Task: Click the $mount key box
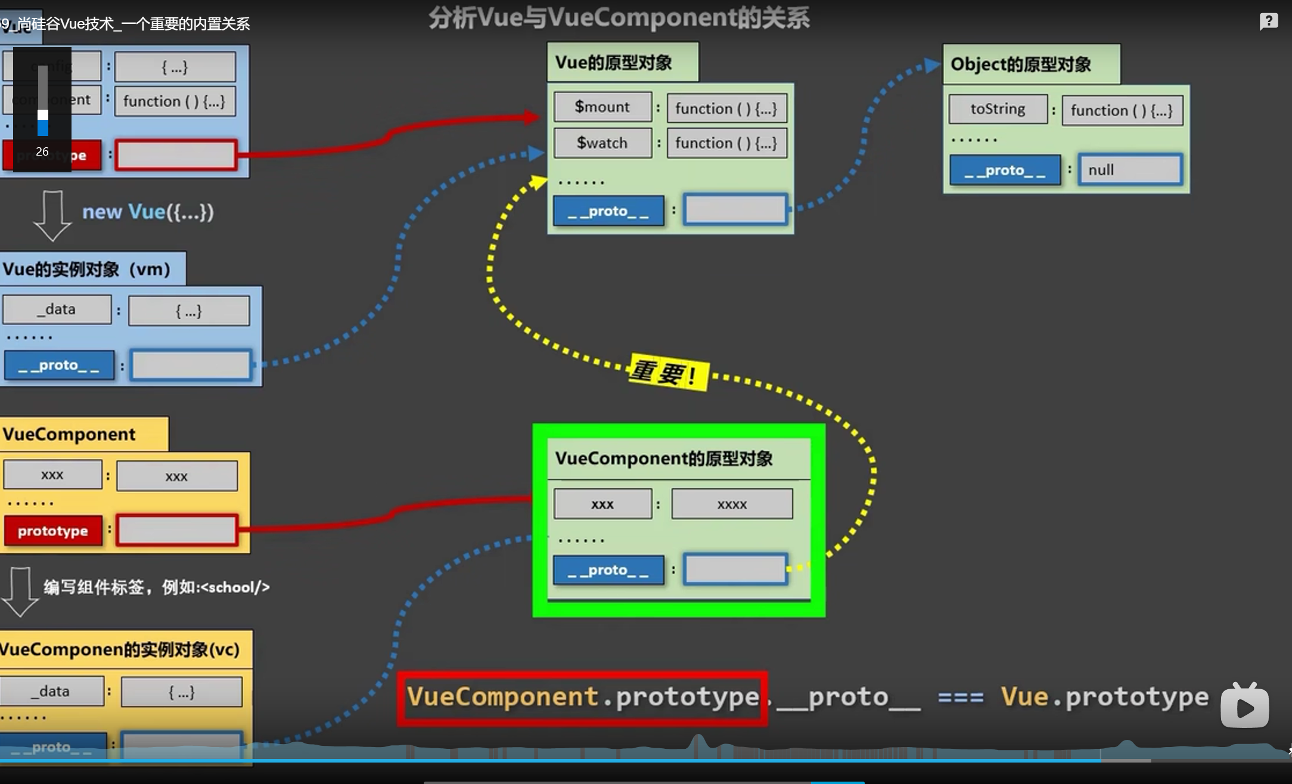click(x=602, y=107)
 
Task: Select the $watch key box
click(x=602, y=143)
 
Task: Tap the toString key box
click(x=998, y=109)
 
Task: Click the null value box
click(x=1130, y=170)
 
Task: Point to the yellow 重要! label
click(x=668, y=373)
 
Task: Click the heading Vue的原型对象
click(x=614, y=63)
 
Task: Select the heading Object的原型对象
click(x=1021, y=64)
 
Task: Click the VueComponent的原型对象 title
click(x=664, y=458)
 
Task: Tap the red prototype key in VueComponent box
click(x=53, y=531)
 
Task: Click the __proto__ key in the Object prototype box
click(x=1005, y=171)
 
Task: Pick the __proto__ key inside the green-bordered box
click(x=608, y=570)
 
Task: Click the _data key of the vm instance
click(x=57, y=309)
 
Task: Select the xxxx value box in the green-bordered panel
click(x=732, y=504)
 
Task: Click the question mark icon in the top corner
click(x=1268, y=21)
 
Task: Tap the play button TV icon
click(x=1245, y=706)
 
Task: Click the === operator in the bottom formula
click(x=961, y=697)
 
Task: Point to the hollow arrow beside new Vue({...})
click(x=52, y=215)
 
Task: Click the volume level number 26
click(x=42, y=151)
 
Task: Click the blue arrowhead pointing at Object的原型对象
click(x=931, y=65)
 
